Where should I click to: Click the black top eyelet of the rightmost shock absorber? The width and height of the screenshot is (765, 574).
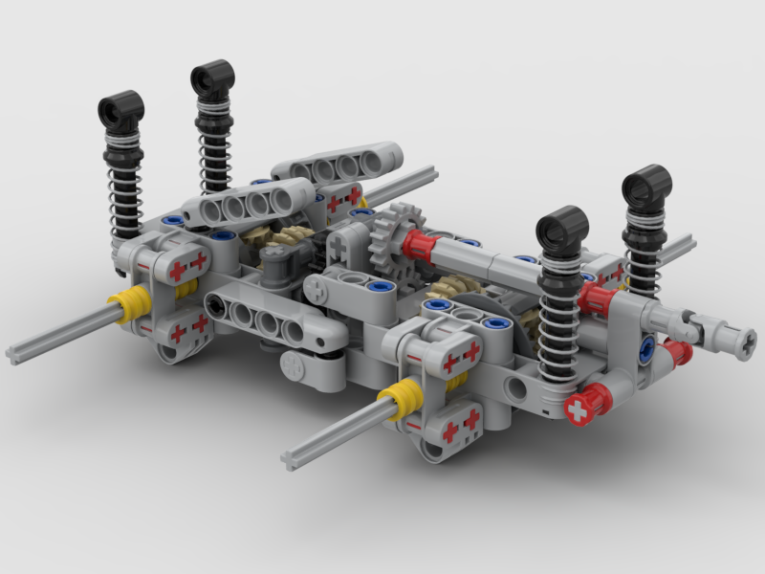pyautogui.click(x=646, y=185)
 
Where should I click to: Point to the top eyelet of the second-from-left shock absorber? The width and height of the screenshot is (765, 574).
pyautogui.click(x=212, y=77)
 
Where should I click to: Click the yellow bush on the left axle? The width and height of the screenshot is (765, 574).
pyautogui.click(x=130, y=307)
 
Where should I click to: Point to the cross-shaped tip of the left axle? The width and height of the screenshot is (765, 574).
pyautogui.click(x=15, y=354)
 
